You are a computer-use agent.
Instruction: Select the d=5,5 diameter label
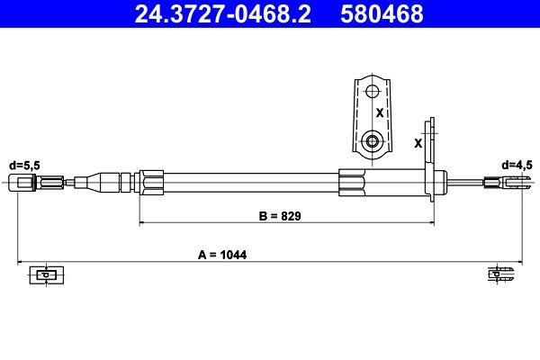coord(24,166)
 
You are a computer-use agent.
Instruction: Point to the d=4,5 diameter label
coord(517,166)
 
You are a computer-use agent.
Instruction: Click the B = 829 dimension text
coord(278,216)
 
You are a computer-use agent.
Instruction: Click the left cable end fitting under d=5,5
coord(25,184)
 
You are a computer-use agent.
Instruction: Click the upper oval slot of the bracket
coord(371,91)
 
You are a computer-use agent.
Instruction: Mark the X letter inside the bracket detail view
coord(380,114)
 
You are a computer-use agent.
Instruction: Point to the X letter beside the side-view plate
coord(418,142)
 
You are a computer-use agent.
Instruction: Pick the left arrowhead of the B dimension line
coord(140,222)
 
